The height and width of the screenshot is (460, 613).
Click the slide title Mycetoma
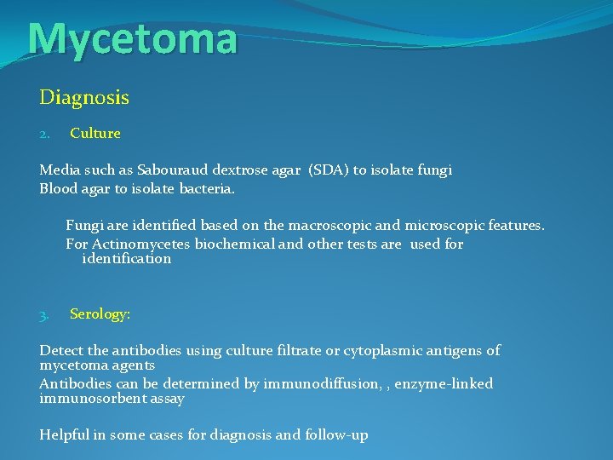(x=132, y=39)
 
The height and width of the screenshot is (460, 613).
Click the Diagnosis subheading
(x=84, y=98)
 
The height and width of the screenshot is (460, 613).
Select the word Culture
(x=95, y=134)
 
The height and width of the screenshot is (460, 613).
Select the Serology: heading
(x=100, y=314)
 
